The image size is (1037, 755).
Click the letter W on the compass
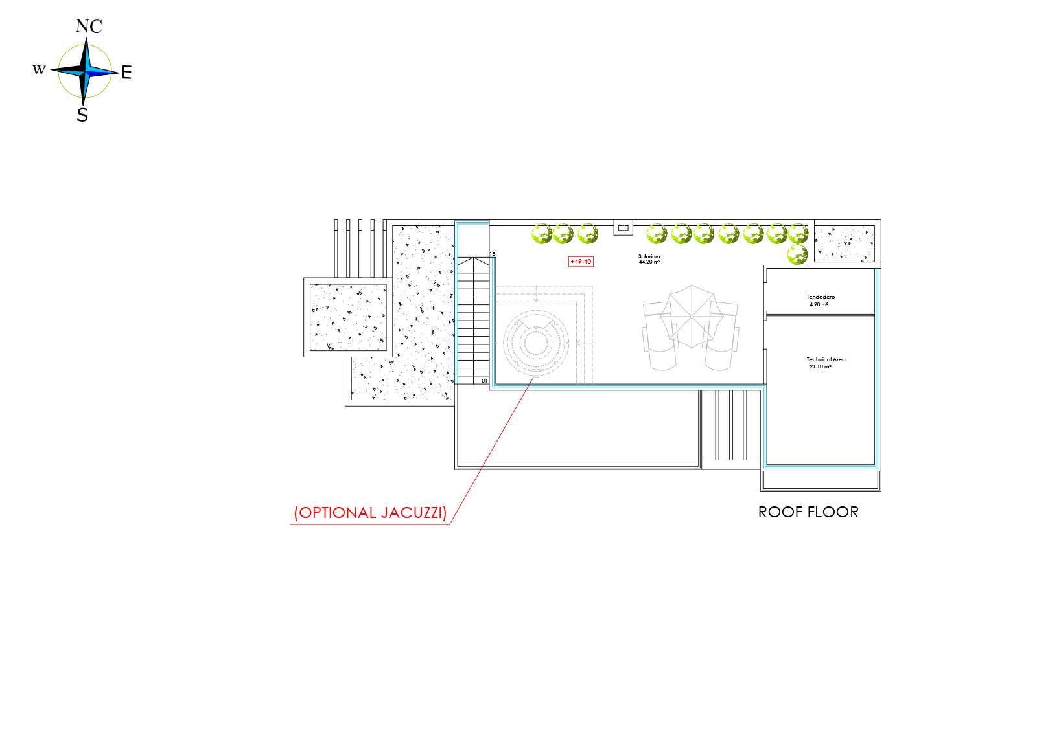[39, 70]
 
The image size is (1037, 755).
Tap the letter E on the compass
[126, 72]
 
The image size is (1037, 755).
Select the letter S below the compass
[82, 115]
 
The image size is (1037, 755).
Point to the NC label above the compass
[89, 26]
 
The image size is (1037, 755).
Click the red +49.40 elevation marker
[581, 262]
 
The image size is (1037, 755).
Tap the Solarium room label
[649, 257]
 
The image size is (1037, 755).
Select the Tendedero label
[821, 297]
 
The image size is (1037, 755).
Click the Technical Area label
[826, 359]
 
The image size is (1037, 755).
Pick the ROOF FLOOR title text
[808, 513]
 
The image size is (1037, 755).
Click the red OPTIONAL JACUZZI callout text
[370, 513]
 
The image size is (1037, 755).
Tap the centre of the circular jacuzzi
[536, 343]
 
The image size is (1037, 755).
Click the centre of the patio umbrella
[692, 317]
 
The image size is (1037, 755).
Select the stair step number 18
[493, 254]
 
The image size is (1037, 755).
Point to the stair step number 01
[484, 381]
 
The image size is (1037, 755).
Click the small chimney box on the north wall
[623, 228]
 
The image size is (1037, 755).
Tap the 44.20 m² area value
[649, 262]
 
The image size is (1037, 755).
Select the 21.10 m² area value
[821, 367]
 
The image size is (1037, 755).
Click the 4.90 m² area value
[819, 304]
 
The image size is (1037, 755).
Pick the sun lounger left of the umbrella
[660, 336]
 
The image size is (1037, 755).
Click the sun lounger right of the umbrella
[721, 336]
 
